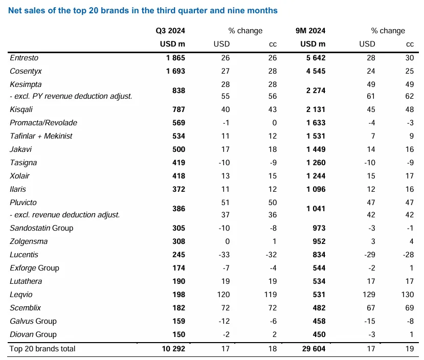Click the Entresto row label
[25, 58]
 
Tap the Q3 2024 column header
[170, 31]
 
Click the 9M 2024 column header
[311, 31]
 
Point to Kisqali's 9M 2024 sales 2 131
[315, 109]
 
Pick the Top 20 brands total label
[42, 349]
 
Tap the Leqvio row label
[21, 295]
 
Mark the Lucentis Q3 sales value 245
[178, 255]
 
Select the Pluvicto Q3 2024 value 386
[178, 209]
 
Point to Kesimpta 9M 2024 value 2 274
[315, 91]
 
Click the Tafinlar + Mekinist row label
[41, 136]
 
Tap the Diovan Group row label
[33, 334]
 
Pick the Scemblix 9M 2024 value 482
[319, 308]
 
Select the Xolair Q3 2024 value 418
[178, 176]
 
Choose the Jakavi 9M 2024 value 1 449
[315, 149]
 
